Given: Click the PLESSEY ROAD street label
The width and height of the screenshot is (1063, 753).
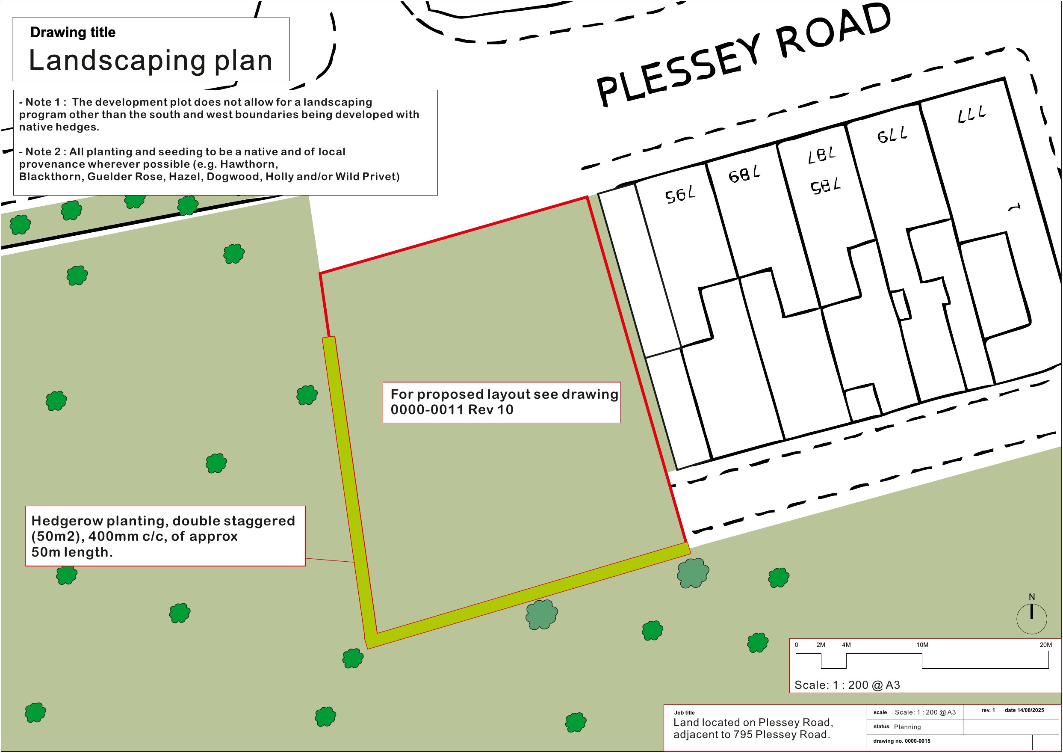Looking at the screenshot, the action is click(744, 55).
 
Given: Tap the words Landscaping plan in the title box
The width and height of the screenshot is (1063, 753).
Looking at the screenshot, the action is click(151, 60).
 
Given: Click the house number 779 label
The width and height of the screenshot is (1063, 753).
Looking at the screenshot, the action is click(892, 135).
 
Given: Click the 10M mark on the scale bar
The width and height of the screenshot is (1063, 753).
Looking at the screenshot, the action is click(922, 645).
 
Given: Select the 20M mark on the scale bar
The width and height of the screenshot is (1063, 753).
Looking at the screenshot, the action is click(1045, 645).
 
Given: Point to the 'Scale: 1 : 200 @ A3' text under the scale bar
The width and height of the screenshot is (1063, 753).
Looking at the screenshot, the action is click(847, 685).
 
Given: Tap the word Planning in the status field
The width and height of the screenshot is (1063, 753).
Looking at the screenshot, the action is click(907, 727).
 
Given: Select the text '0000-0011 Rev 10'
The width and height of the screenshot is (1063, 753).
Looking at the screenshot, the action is click(452, 410).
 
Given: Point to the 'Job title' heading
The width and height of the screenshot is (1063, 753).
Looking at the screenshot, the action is click(684, 713).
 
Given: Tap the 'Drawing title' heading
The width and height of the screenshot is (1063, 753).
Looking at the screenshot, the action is click(73, 33).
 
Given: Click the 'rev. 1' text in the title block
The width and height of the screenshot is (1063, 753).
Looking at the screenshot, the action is click(988, 710).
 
